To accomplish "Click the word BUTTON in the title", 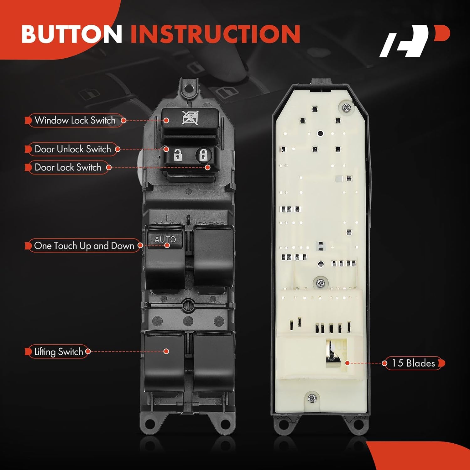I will (x=71, y=34).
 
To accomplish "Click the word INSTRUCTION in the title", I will (x=215, y=34).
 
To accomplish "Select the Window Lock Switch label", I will (x=75, y=120).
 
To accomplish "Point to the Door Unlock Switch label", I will (x=73, y=149).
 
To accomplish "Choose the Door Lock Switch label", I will (x=68, y=167).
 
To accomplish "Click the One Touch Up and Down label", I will (x=84, y=246).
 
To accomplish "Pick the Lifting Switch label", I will (x=58, y=352).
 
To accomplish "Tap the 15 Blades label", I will (x=413, y=363).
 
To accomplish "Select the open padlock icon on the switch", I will (x=178, y=155).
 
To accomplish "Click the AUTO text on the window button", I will (x=165, y=240).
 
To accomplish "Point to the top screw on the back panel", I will (x=347, y=108).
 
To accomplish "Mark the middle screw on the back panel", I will (x=320, y=284).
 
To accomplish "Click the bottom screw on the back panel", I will (x=312, y=398).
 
